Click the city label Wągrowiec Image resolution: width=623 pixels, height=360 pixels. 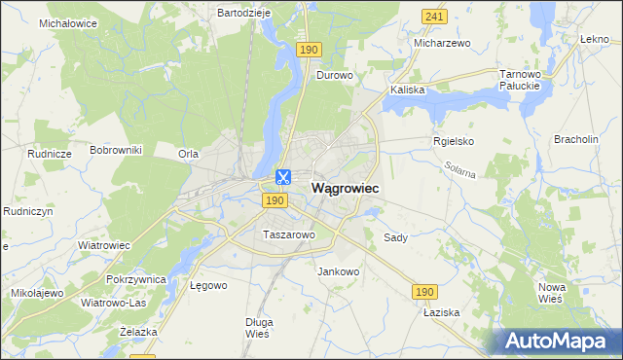pyautogui.click(x=345, y=187)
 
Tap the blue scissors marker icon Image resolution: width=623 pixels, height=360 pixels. pyautogui.click(x=283, y=177)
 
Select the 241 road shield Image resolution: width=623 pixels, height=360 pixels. pyautogui.click(x=435, y=17)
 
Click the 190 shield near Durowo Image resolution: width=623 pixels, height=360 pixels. pyautogui.click(x=310, y=50)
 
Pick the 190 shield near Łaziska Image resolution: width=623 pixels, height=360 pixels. pyautogui.click(x=423, y=292)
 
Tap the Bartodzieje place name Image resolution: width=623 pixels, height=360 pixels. pyautogui.click(x=243, y=13)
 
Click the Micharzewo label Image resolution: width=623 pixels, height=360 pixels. pyautogui.click(x=442, y=44)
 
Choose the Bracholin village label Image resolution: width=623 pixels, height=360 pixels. pyautogui.click(x=576, y=139)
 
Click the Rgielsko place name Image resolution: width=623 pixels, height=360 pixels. pyautogui.click(x=453, y=140)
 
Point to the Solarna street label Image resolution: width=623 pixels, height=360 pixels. pyautogui.click(x=460, y=171)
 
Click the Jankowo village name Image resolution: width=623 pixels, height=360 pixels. pyautogui.click(x=339, y=271)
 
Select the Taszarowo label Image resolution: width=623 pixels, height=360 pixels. pyautogui.click(x=288, y=234)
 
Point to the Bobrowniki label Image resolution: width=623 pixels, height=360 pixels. pyautogui.click(x=116, y=150)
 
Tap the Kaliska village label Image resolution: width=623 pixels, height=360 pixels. pyautogui.click(x=408, y=90)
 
